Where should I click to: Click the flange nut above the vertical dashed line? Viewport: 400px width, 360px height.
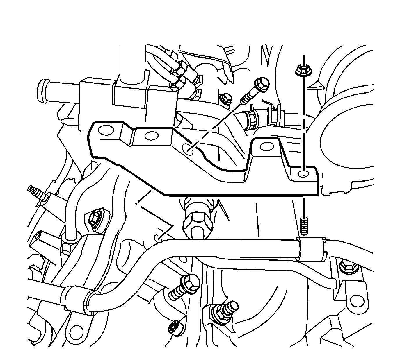(x=303, y=71)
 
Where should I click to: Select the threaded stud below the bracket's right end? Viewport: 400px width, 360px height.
(x=304, y=226)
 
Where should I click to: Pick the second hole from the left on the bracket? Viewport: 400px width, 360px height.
(x=152, y=135)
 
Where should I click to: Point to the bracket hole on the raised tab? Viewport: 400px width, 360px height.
(x=266, y=147)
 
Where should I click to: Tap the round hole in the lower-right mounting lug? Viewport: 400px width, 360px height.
(x=356, y=302)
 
